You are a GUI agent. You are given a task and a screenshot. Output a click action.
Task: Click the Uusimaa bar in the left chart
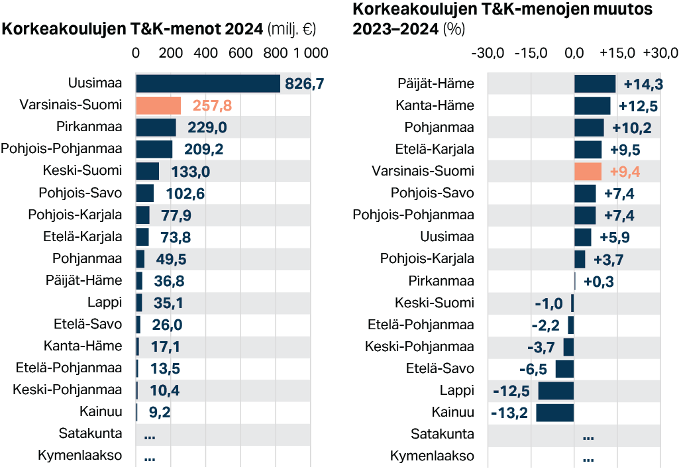coord(208,83)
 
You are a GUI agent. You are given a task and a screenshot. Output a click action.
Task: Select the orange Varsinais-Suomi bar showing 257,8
coord(158,105)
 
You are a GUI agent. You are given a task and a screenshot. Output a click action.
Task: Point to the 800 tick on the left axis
coord(275,53)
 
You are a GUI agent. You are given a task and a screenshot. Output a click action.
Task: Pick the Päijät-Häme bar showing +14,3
coord(595,83)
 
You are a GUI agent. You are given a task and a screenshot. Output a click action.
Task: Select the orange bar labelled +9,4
coord(588,172)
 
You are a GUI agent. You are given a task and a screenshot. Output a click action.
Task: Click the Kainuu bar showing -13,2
coord(555,413)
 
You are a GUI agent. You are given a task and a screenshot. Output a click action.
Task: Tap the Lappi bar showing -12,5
coord(556,391)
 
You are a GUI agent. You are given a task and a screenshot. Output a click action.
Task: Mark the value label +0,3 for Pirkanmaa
coord(599,282)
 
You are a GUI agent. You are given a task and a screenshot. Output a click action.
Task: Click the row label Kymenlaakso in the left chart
coord(80,456)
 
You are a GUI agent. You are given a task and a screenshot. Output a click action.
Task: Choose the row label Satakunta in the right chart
coord(443,435)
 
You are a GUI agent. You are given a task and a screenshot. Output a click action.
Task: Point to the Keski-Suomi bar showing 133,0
coord(148,172)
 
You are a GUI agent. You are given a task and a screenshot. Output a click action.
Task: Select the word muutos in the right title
coord(623,10)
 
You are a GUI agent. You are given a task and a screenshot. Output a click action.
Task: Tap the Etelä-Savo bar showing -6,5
coord(564,369)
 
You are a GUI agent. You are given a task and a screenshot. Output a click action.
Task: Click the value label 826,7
coord(304,83)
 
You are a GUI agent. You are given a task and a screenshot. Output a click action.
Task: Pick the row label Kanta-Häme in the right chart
coord(435,105)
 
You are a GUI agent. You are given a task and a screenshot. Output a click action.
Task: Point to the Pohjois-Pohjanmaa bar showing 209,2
coord(154,150)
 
